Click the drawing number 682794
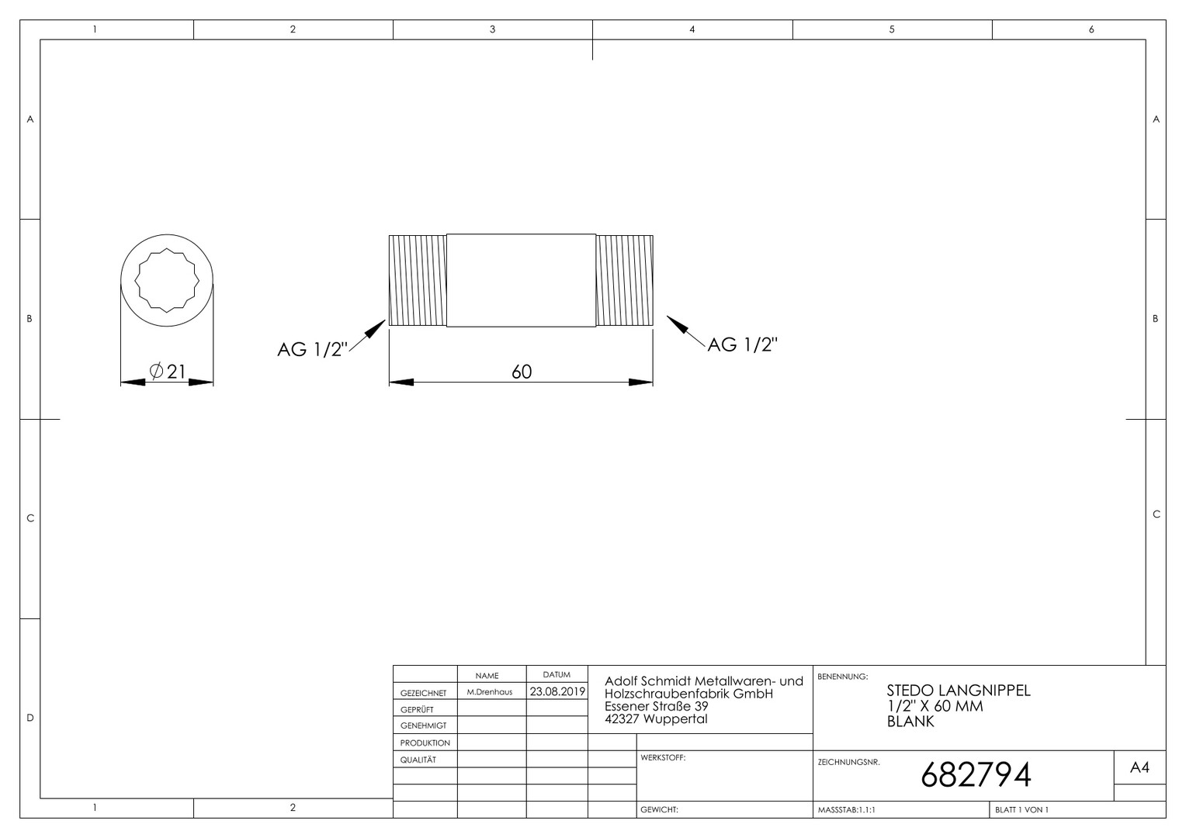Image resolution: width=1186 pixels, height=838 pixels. [976, 775]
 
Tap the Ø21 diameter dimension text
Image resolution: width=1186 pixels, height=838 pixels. [168, 371]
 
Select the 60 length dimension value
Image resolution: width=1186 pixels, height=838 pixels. [522, 372]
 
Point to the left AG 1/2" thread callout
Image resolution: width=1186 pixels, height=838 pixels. [312, 349]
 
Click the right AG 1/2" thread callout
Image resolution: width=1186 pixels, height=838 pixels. [742, 345]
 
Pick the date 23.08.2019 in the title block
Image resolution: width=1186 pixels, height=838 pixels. [557, 691]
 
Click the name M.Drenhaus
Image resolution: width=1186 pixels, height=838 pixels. [490, 692]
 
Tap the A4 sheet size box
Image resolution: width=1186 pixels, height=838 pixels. [1139, 767]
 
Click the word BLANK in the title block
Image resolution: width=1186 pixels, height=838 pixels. [910, 722]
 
